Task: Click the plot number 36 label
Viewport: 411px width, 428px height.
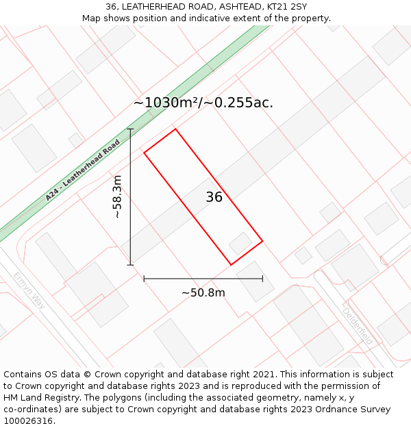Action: tap(214, 197)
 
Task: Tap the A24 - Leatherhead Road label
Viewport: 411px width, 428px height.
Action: tap(83, 171)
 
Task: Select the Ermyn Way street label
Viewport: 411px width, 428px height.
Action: tap(29, 290)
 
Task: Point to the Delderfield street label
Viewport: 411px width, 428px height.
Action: tap(358, 325)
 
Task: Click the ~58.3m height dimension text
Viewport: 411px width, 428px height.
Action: tap(117, 197)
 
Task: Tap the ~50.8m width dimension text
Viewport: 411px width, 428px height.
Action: tap(203, 293)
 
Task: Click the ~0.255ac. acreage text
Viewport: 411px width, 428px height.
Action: tap(244, 103)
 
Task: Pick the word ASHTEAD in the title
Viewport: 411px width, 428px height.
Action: tap(231, 7)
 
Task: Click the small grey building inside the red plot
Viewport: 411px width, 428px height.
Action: tap(240, 243)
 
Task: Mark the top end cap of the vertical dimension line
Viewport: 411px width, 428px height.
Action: tap(130, 129)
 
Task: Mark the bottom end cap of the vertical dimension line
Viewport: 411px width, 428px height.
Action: tap(130, 265)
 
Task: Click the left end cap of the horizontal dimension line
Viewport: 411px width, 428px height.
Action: tap(144, 279)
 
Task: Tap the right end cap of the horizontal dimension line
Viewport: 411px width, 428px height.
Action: tap(262, 279)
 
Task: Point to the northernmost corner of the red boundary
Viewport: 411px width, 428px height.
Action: tap(175, 129)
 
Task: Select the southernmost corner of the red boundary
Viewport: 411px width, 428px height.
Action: tap(230, 265)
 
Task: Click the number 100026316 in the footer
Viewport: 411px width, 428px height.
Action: tap(27, 420)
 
